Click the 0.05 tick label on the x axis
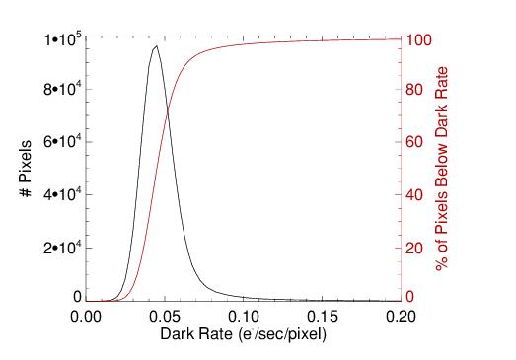(164, 317)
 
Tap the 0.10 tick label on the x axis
(243, 317)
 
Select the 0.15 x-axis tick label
(322, 317)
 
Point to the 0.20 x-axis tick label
(401, 317)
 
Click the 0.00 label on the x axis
(85, 317)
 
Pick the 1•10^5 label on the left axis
(63, 40)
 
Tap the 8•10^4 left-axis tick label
(62, 89)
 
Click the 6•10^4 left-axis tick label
(62, 141)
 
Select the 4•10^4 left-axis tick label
(62, 194)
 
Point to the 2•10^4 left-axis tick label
(62, 248)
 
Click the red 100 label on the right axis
(418, 40)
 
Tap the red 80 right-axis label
(414, 89)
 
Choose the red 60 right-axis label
(414, 142)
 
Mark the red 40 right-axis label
(414, 195)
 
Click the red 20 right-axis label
(414, 249)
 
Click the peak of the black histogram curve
(156, 45)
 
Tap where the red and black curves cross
(168, 109)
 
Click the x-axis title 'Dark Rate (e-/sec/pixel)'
(243, 334)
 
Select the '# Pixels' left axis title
(26, 169)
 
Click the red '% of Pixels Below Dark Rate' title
(442, 169)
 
